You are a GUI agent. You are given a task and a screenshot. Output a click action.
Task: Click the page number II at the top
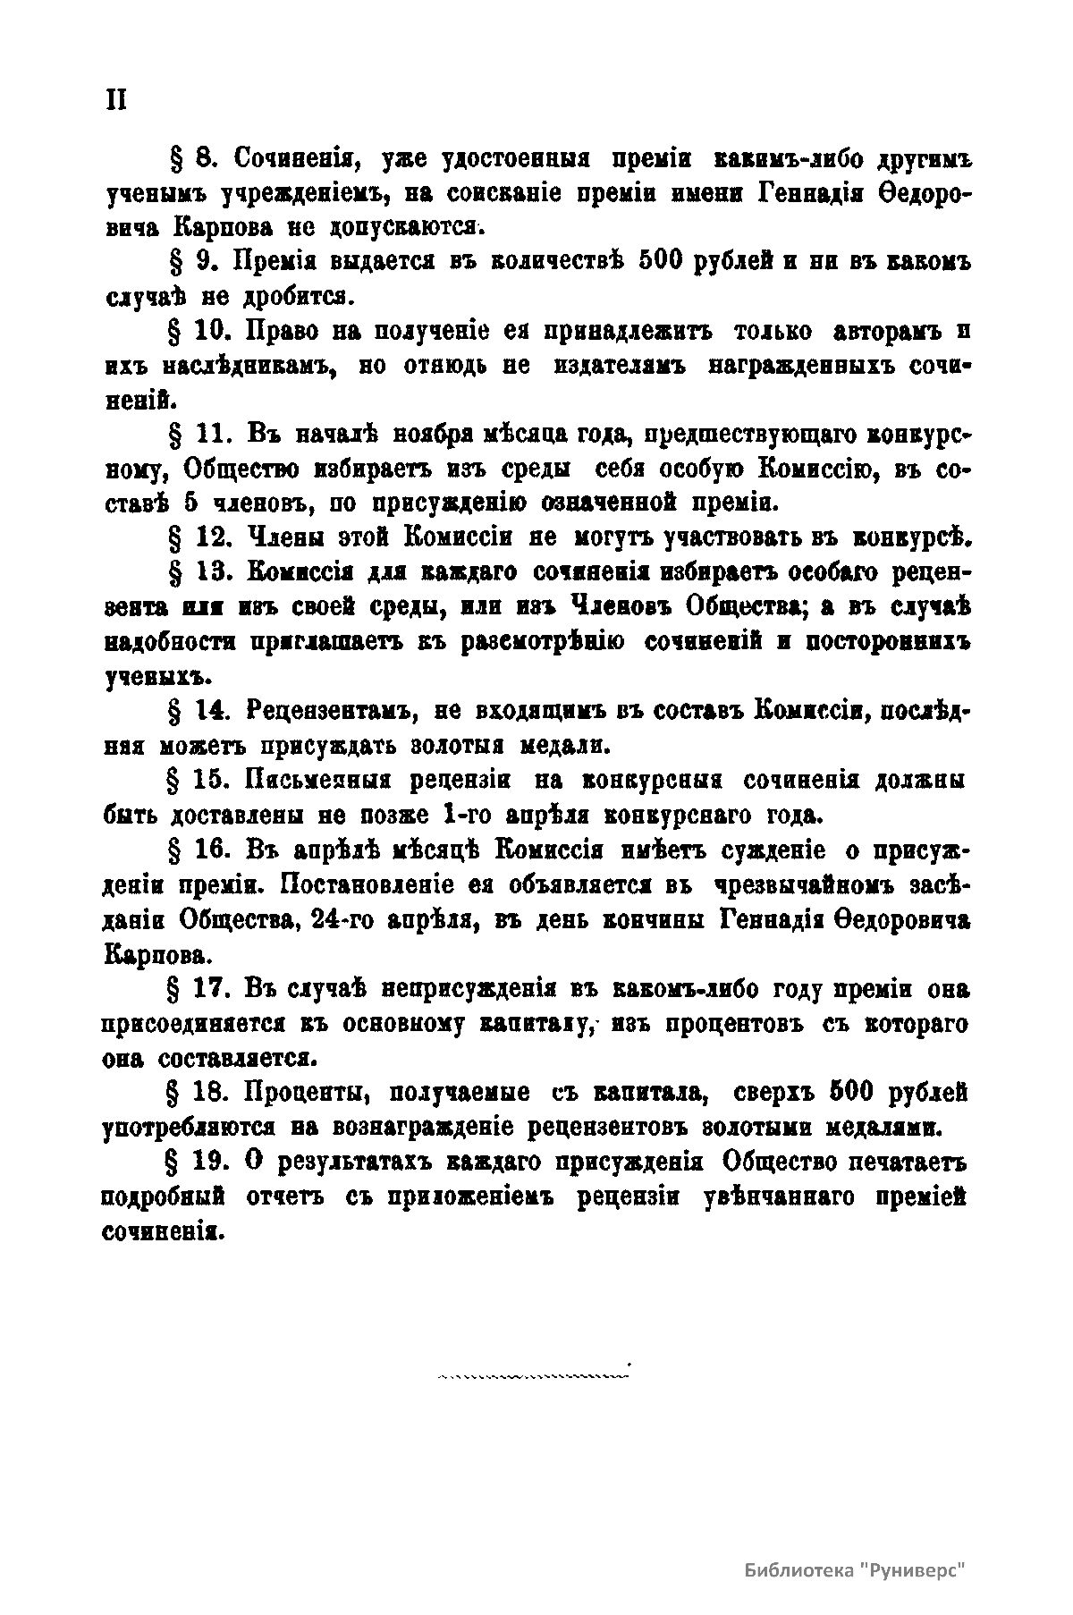click(116, 99)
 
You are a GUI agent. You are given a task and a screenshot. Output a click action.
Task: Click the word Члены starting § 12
click(275, 537)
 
